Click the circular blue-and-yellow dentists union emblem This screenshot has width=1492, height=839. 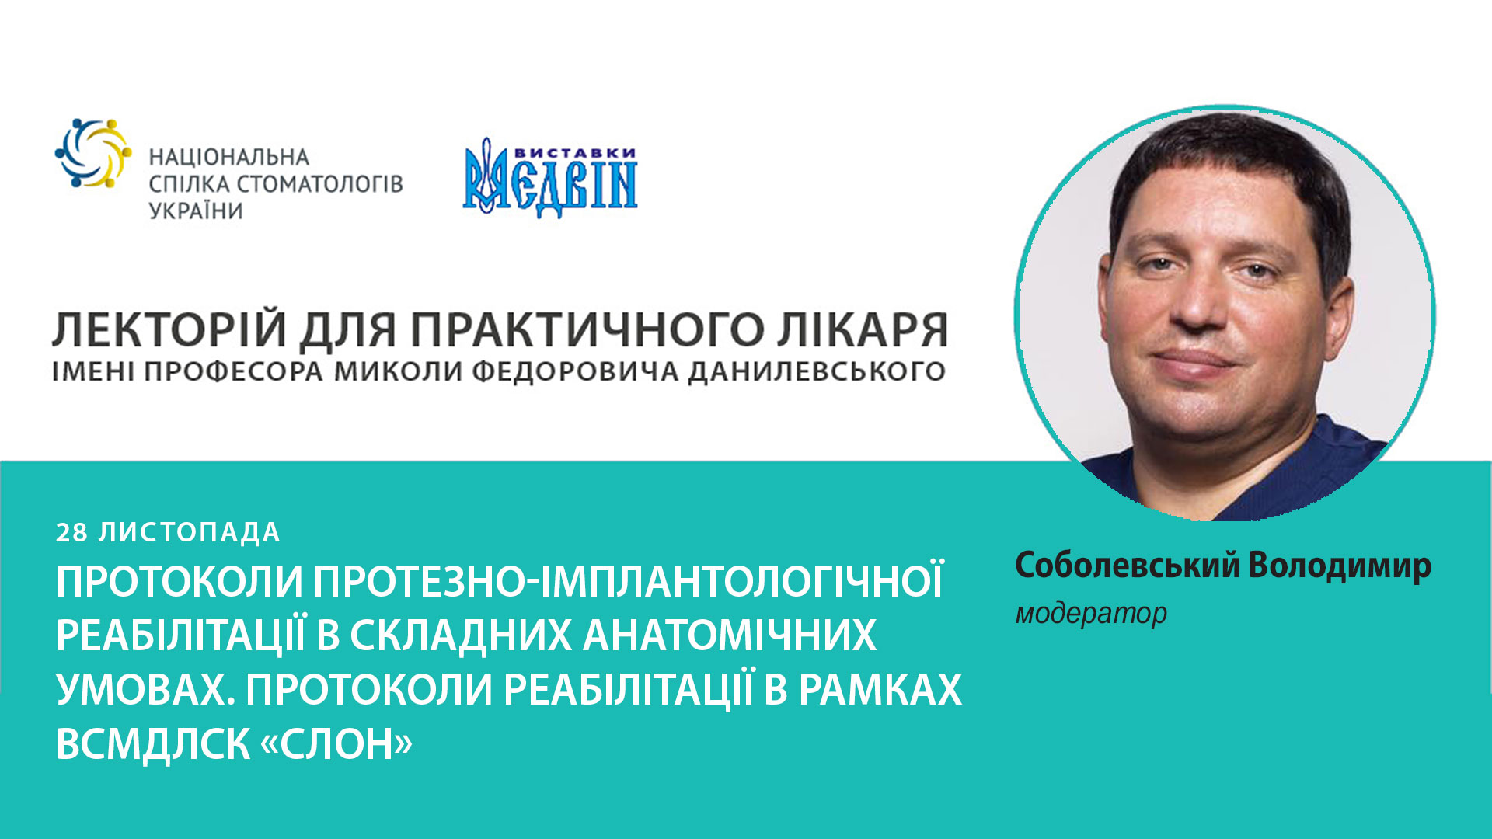pos(92,153)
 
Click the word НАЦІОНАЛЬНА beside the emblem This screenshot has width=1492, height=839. pos(228,158)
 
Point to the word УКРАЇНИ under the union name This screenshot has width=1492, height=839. pos(196,211)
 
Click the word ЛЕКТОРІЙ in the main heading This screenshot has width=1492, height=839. pos(169,329)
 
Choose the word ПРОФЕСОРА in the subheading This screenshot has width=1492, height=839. pos(233,372)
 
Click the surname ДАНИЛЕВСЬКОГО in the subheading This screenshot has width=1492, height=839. pos(817,372)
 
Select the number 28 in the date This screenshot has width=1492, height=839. pos(72,533)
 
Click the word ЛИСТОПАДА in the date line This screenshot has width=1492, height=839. pos(189,533)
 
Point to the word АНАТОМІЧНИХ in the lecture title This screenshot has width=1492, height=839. pos(729,635)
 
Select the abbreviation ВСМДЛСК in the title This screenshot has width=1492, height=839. pos(153,744)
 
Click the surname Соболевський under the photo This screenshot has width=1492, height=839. pos(1127,566)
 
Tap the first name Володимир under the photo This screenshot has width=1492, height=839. pos(1340,566)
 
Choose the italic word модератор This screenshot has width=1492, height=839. pos(1091,614)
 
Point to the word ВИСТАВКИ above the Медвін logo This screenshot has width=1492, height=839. pos(575,153)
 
